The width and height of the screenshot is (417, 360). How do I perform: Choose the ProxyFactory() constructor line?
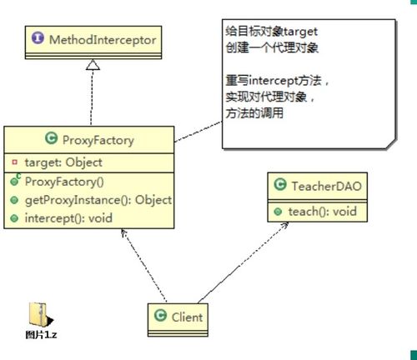click(63, 181)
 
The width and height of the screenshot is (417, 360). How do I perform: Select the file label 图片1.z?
click(41, 335)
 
